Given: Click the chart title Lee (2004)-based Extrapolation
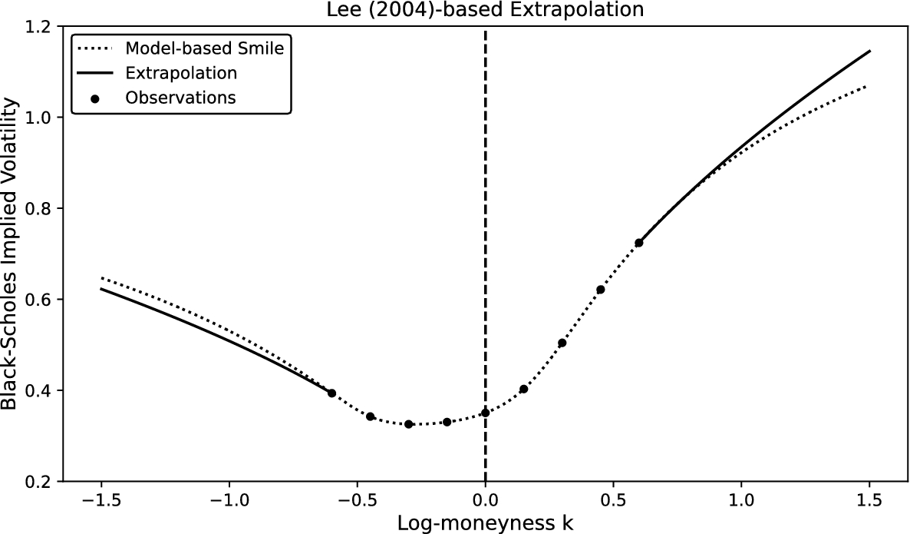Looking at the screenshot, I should (485, 10).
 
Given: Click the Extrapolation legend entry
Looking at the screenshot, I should (181, 73).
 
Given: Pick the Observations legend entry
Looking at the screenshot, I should (180, 98).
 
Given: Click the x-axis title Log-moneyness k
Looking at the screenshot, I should (485, 522).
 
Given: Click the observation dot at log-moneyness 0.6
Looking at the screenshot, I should (638, 243).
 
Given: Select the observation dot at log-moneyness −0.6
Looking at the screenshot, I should (331, 393).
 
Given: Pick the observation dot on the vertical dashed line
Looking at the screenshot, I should (485, 413).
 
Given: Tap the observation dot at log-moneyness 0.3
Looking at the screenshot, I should (562, 343).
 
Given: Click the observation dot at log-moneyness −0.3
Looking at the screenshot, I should (408, 424).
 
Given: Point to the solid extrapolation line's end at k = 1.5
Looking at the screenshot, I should (869, 51).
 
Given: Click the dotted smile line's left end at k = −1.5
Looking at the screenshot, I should (101, 277).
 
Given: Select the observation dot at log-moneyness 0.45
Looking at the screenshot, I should (600, 290).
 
